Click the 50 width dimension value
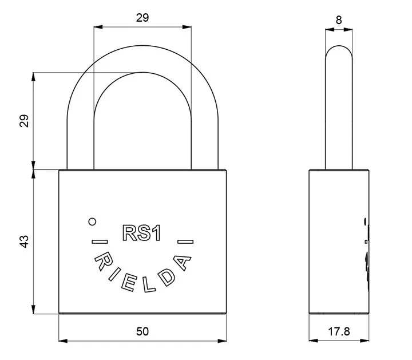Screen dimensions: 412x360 click(x=142, y=331)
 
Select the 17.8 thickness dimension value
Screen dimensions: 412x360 click(x=339, y=331)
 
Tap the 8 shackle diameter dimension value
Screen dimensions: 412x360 click(x=339, y=20)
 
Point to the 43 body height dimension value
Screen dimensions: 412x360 click(x=24, y=242)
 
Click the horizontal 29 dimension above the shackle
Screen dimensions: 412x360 click(x=142, y=18)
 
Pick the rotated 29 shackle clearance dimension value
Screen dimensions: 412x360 click(x=24, y=121)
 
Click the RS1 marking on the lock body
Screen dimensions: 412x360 click(x=142, y=233)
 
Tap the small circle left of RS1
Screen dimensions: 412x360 click(x=92, y=222)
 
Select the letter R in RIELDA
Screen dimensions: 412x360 click(x=103, y=262)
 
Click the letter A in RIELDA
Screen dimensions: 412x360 click(x=181, y=262)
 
